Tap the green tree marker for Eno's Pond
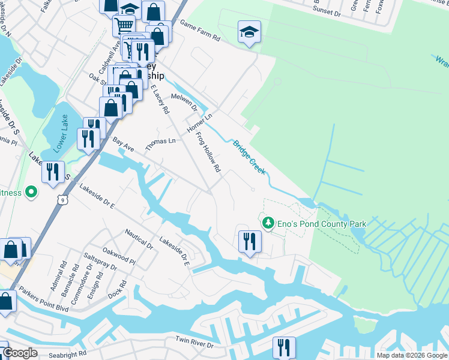[x=268, y=223]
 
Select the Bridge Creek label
[x=249, y=157]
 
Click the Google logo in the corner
[x=20, y=353]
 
